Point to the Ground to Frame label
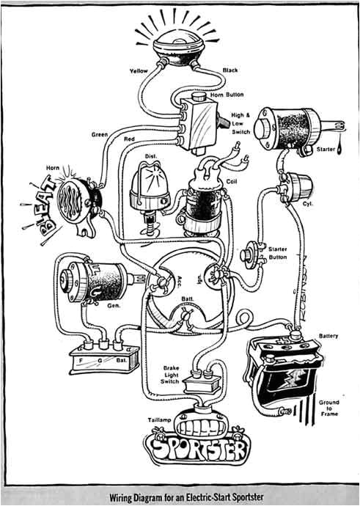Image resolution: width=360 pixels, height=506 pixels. [328, 408]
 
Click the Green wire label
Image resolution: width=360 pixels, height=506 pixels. [100, 135]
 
